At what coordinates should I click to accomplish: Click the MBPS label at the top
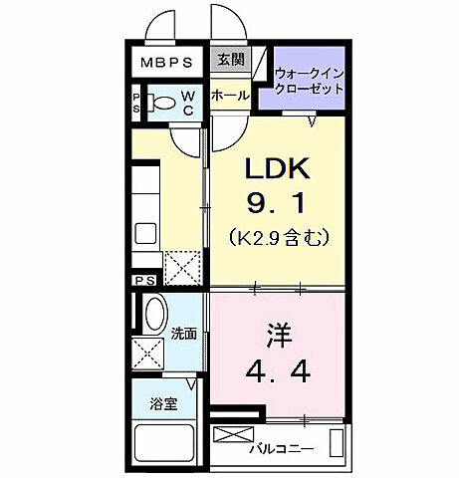[x=166, y=62]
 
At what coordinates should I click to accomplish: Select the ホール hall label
[x=229, y=96]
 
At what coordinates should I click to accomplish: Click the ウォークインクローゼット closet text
[x=310, y=80]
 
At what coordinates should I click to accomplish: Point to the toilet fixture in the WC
[x=161, y=101]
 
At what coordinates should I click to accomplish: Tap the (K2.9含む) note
[x=279, y=238]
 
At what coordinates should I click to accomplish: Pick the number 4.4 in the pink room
[x=278, y=371]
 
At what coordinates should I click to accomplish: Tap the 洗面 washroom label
[x=182, y=334]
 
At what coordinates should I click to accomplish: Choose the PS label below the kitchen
[x=146, y=282]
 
